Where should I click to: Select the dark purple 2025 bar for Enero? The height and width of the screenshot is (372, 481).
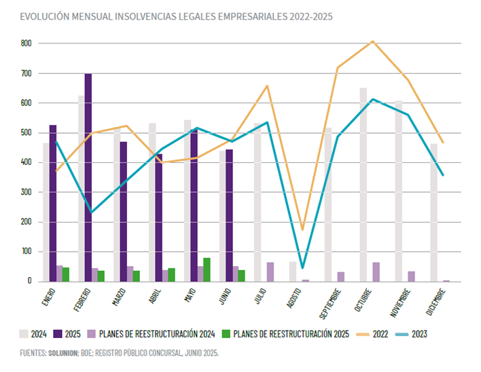pos(53,204)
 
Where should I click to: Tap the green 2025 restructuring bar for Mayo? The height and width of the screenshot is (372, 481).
pos(207,269)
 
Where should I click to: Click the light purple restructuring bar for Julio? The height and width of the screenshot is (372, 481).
pos(270,272)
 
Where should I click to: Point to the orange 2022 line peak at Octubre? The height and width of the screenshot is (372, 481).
pos(372,41)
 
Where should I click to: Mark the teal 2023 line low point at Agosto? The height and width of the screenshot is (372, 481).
pos(302,267)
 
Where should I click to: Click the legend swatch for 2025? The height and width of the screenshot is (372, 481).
pos(60,333)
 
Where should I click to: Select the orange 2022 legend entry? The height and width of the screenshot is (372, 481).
pos(377,333)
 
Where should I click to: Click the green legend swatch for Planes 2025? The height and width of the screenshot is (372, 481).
pos(226,333)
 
